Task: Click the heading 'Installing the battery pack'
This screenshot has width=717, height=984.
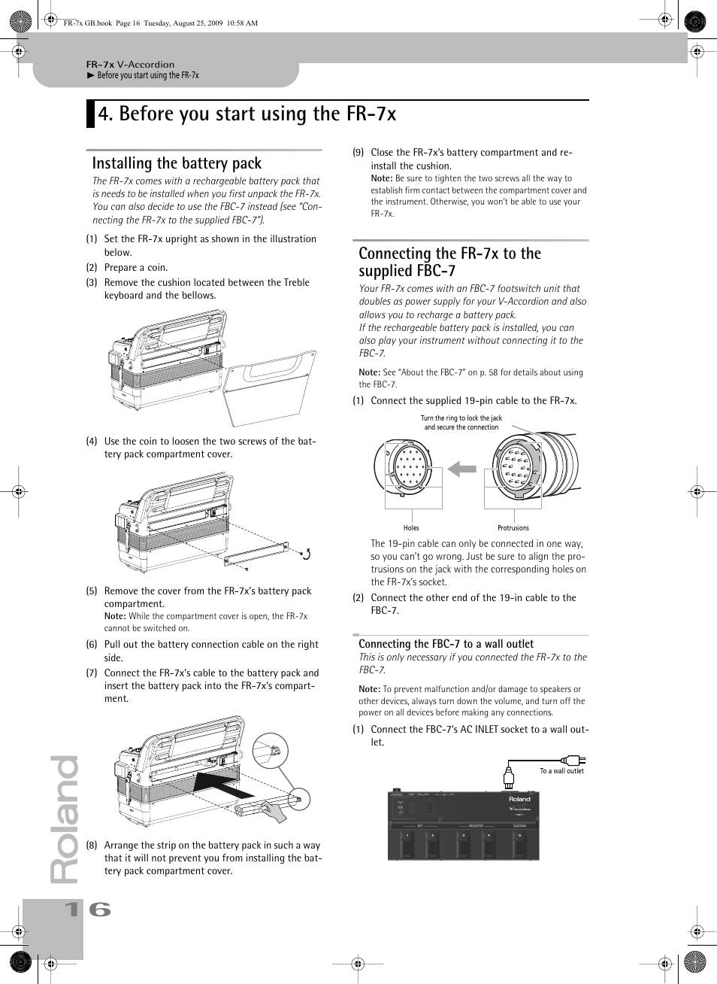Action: (x=177, y=163)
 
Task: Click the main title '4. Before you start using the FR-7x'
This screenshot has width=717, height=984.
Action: (x=247, y=114)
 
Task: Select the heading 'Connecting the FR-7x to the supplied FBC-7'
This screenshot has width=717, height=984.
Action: (x=449, y=262)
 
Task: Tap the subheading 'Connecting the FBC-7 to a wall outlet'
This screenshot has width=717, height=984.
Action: (x=446, y=644)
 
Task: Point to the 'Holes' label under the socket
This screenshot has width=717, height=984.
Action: (x=411, y=528)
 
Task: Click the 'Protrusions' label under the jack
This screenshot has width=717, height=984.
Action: (x=513, y=528)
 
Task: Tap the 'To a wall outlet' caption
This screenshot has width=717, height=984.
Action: (x=561, y=771)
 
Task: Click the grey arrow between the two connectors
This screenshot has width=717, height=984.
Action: (x=462, y=469)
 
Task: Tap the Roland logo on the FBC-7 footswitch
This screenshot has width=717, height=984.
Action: (x=519, y=799)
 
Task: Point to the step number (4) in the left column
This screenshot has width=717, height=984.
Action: (x=92, y=442)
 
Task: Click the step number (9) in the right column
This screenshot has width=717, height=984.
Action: (x=358, y=153)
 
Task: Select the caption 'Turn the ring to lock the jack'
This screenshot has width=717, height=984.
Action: (x=461, y=418)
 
